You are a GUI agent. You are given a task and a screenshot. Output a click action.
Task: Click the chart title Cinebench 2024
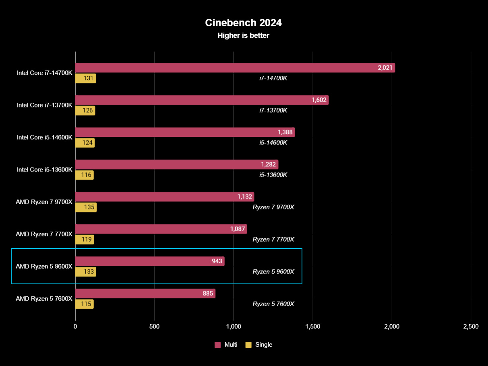[x=243, y=23]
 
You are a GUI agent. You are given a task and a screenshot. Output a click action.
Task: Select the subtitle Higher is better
[x=243, y=35]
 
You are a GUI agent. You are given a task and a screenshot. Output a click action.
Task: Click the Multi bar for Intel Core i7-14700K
[x=235, y=68]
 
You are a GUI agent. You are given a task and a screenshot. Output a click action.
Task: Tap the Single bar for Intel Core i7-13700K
[x=85, y=111]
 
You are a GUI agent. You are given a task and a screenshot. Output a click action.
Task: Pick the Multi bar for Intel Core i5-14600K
[x=185, y=132]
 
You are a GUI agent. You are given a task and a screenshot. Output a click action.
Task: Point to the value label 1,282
[x=268, y=165]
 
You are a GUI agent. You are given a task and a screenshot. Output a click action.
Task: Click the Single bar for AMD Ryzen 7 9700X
[x=86, y=207]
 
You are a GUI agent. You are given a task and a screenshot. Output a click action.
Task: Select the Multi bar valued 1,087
[x=161, y=229]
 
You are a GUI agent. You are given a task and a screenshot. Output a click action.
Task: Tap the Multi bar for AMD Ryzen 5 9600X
[x=150, y=261]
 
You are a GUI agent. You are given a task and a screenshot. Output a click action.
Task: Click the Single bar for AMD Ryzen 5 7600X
[x=84, y=304]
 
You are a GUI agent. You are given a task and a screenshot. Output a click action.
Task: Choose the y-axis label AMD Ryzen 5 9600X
[x=44, y=267]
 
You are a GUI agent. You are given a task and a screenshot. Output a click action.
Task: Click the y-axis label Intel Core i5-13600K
[x=44, y=170]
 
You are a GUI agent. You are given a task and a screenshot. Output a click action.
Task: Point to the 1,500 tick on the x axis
[x=312, y=327]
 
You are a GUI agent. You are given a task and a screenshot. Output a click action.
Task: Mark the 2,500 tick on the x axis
[x=471, y=327]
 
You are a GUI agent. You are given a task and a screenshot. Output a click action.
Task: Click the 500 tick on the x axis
[x=154, y=327]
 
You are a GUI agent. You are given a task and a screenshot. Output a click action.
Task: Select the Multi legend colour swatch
[x=217, y=345]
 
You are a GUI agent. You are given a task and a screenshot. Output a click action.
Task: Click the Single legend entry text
[x=264, y=345]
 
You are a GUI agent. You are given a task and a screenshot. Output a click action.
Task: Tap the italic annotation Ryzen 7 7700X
[x=273, y=240]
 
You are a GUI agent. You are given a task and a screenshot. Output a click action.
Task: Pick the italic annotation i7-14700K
[x=273, y=78]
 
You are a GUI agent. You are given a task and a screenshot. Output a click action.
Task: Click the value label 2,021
[x=385, y=68]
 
